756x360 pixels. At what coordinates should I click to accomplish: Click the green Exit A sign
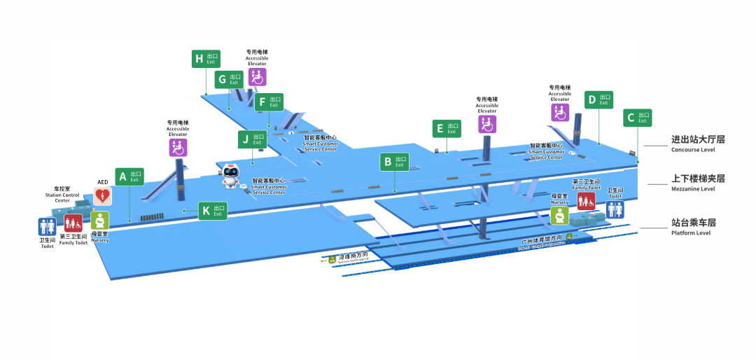[x=129, y=177]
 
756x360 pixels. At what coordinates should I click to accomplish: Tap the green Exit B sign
[x=395, y=162]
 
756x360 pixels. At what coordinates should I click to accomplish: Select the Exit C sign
[x=637, y=118]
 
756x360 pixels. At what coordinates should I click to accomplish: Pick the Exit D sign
[x=598, y=100]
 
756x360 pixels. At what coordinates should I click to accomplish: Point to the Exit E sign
[x=446, y=128]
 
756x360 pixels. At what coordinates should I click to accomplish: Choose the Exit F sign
[x=269, y=102]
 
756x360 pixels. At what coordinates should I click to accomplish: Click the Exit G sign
[x=229, y=79]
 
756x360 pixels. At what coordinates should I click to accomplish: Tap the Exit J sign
[x=252, y=139]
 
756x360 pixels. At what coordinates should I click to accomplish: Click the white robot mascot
[x=230, y=176]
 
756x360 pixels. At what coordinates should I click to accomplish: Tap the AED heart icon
[x=102, y=196]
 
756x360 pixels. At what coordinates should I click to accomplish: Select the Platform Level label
[x=693, y=226]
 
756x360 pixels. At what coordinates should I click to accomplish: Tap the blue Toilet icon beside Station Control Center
[x=47, y=226]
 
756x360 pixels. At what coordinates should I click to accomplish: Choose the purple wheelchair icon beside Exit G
[x=257, y=77]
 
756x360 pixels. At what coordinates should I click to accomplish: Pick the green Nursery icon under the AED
[x=100, y=220]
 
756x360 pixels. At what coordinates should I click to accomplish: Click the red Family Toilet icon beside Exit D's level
[x=587, y=202]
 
